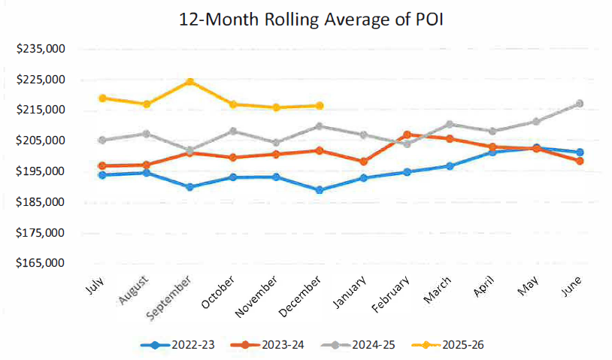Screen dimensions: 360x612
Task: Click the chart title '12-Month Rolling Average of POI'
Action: coord(305,20)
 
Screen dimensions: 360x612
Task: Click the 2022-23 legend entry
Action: coord(178,345)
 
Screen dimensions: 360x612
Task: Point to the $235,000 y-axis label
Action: coord(41,49)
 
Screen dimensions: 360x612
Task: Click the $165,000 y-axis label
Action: coord(41,264)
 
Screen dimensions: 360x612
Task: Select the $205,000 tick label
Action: coord(41,141)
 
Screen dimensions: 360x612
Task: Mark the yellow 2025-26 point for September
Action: coord(190,81)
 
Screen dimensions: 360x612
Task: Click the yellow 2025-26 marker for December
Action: coord(320,106)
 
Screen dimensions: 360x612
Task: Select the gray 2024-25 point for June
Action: coord(580,104)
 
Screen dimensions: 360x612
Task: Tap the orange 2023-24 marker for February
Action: coord(407,135)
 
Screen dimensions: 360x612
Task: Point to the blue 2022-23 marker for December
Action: coord(320,190)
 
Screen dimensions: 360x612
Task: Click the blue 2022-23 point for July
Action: coord(102,175)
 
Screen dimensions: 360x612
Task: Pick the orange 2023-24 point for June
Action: coord(580,161)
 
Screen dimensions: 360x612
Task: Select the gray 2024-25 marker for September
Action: coord(190,150)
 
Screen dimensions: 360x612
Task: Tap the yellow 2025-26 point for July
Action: coord(102,98)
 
